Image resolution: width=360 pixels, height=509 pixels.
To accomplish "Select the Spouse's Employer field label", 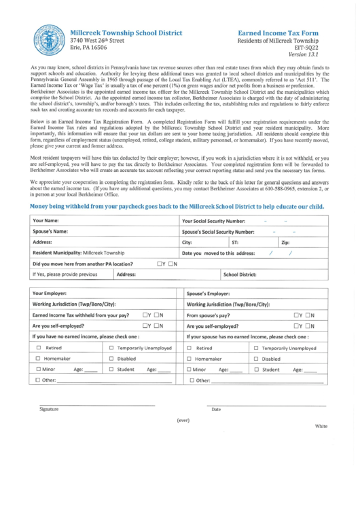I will pyautogui.click(x=209, y=292).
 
